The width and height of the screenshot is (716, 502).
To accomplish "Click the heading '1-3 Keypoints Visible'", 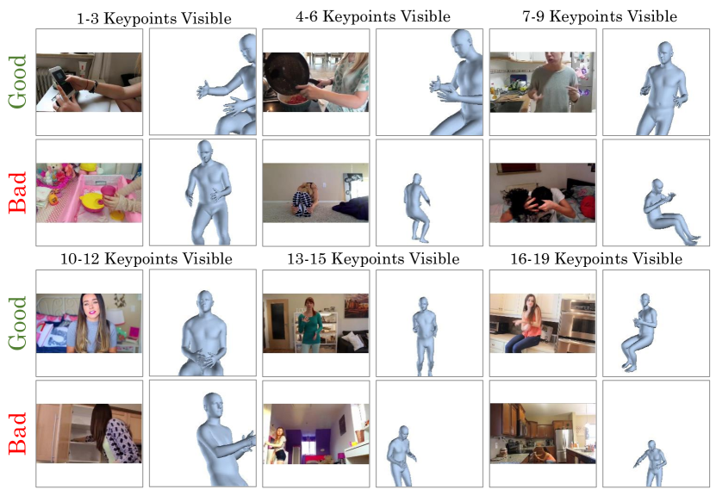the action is [x=154, y=18].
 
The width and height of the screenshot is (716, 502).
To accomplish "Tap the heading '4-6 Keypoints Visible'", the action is [x=373, y=16].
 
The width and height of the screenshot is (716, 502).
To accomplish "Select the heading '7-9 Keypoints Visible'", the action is [x=600, y=16].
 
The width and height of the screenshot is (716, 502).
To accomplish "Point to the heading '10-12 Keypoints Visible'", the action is [x=146, y=259].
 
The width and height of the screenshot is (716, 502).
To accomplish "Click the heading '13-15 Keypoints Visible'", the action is [x=373, y=259].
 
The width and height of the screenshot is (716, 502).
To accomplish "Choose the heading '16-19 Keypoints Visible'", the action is [x=596, y=259].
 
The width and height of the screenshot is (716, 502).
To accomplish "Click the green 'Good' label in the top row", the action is [x=17, y=82].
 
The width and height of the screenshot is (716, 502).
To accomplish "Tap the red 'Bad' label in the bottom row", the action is [x=17, y=434].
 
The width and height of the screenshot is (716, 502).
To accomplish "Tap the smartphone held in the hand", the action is [x=62, y=81].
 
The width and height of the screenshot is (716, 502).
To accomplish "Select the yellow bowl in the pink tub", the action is [x=91, y=200].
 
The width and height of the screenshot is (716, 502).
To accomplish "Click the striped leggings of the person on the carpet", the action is [x=302, y=203].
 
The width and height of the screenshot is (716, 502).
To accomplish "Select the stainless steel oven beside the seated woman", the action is [x=577, y=325].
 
